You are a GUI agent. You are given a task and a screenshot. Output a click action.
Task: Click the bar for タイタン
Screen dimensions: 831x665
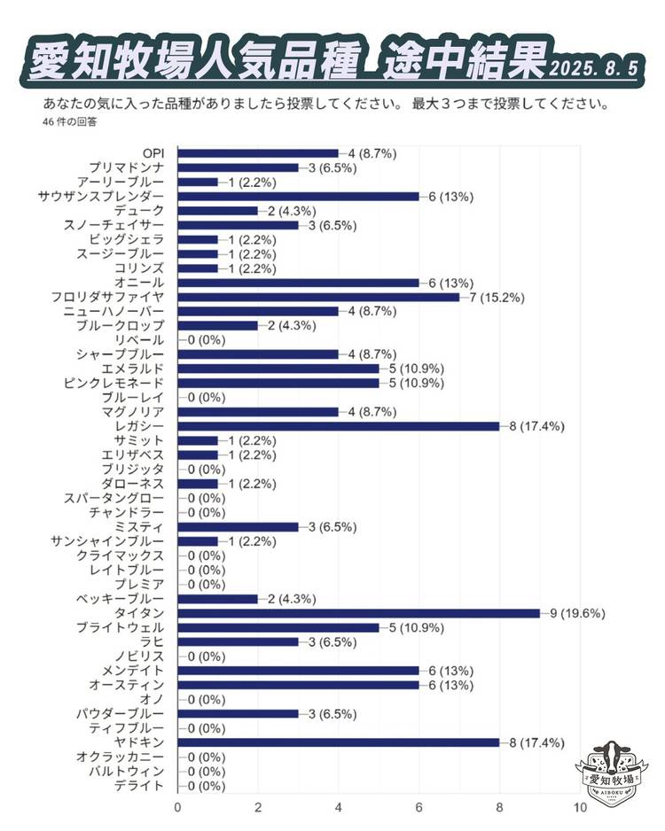coord(359,613)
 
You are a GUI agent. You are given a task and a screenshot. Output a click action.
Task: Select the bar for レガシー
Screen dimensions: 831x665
coord(339,426)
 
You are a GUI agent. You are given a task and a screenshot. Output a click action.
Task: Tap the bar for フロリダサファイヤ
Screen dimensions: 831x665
coord(319,297)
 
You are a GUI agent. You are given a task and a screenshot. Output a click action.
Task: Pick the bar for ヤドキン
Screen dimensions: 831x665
coord(339,742)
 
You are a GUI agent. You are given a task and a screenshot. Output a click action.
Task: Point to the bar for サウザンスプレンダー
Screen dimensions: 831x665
coord(299,196)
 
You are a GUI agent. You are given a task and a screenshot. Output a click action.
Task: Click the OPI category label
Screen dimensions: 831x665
coord(153,153)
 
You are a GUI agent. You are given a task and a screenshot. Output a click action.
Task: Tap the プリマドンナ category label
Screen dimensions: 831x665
coord(127,167)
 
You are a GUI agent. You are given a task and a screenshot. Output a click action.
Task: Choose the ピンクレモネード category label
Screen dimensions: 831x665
coord(114,383)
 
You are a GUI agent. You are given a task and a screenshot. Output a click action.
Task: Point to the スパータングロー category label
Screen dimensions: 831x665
coord(114,498)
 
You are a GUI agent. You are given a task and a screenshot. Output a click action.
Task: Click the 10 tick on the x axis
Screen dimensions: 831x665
coord(580,808)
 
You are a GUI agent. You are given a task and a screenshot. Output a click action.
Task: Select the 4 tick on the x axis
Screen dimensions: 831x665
coord(339,808)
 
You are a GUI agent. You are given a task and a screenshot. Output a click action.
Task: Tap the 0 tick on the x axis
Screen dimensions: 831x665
coord(178,808)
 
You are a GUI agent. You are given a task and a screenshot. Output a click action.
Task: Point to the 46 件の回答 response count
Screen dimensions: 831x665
coord(69,121)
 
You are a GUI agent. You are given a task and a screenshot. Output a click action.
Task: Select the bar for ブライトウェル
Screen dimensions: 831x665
coord(278,627)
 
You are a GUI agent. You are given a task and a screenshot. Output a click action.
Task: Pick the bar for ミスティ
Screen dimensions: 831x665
coord(239,527)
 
